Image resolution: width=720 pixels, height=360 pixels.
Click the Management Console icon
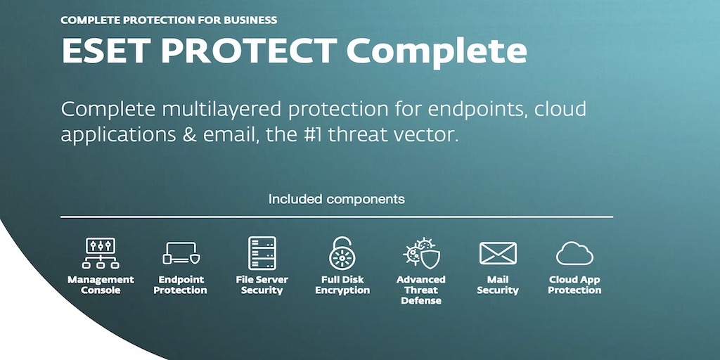pos(101,253)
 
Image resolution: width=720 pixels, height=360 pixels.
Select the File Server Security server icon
pos(262,253)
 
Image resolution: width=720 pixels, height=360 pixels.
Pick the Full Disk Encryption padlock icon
pos(342,253)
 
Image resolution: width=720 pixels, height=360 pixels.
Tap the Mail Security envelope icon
pos(498,253)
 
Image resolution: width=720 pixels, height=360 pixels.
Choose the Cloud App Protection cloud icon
pos(574,254)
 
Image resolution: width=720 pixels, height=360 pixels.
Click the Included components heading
pos(337,199)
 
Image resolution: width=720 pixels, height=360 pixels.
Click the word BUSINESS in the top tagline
pos(250,20)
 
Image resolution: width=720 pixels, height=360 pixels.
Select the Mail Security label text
pos(498,285)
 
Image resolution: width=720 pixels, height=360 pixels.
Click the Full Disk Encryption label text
pos(342,285)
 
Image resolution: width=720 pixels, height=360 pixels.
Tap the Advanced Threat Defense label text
pos(421,290)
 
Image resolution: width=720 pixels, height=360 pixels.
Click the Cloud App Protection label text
pos(574,285)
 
